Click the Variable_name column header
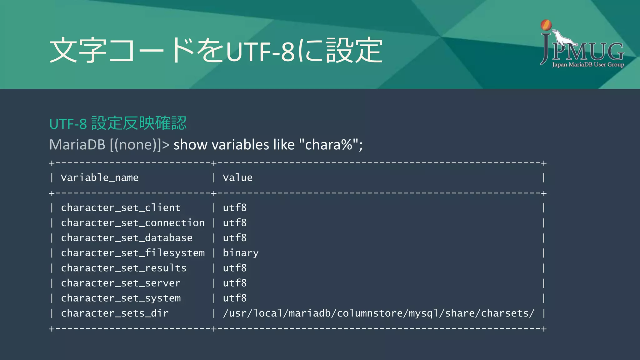tap(99, 178)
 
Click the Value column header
tap(237, 178)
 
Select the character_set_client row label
tap(121, 208)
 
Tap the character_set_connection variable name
tap(132, 223)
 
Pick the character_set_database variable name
tap(127, 238)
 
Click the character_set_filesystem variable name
tap(132, 253)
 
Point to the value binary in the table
tap(241, 253)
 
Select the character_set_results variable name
tap(123, 268)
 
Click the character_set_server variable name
tap(121, 283)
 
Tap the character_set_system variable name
tap(121, 298)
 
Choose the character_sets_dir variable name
tap(115, 313)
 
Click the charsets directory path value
tap(378, 313)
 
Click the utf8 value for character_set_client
tap(235, 208)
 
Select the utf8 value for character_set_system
tap(235, 298)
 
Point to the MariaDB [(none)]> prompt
tap(109, 145)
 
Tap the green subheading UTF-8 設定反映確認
tap(118, 123)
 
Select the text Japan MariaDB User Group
tap(588, 65)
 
